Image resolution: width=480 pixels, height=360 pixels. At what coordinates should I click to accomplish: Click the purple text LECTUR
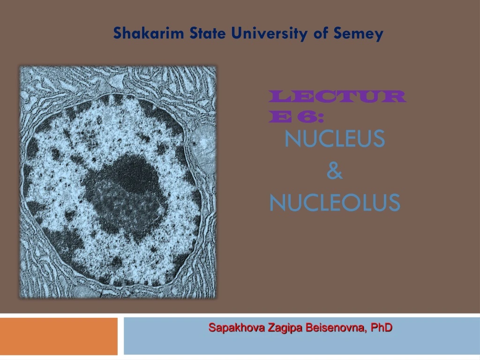pyautogui.click(x=337, y=97)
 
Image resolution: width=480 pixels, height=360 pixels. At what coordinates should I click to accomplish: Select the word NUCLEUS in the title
pyautogui.click(x=335, y=139)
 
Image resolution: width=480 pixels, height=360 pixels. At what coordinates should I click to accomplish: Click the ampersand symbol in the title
pyautogui.click(x=335, y=172)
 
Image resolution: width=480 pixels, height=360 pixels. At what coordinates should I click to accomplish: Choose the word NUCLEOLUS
pyautogui.click(x=335, y=203)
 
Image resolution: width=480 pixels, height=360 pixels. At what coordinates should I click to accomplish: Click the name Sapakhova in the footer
pyautogui.click(x=230, y=328)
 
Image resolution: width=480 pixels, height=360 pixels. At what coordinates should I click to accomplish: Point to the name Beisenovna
pyautogui.click(x=336, y=328)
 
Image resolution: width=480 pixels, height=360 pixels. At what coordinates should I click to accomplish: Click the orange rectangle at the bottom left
pyautogui.click(x=59, y=336)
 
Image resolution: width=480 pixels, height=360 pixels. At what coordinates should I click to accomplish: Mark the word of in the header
pyautogui.click(x=321, y=33)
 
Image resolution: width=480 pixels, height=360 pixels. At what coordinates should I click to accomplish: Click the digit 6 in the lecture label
pyautogui.click(x=301, y=117)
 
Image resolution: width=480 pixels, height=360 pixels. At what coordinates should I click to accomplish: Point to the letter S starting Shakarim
pyautogui.click(x=117, y=33)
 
